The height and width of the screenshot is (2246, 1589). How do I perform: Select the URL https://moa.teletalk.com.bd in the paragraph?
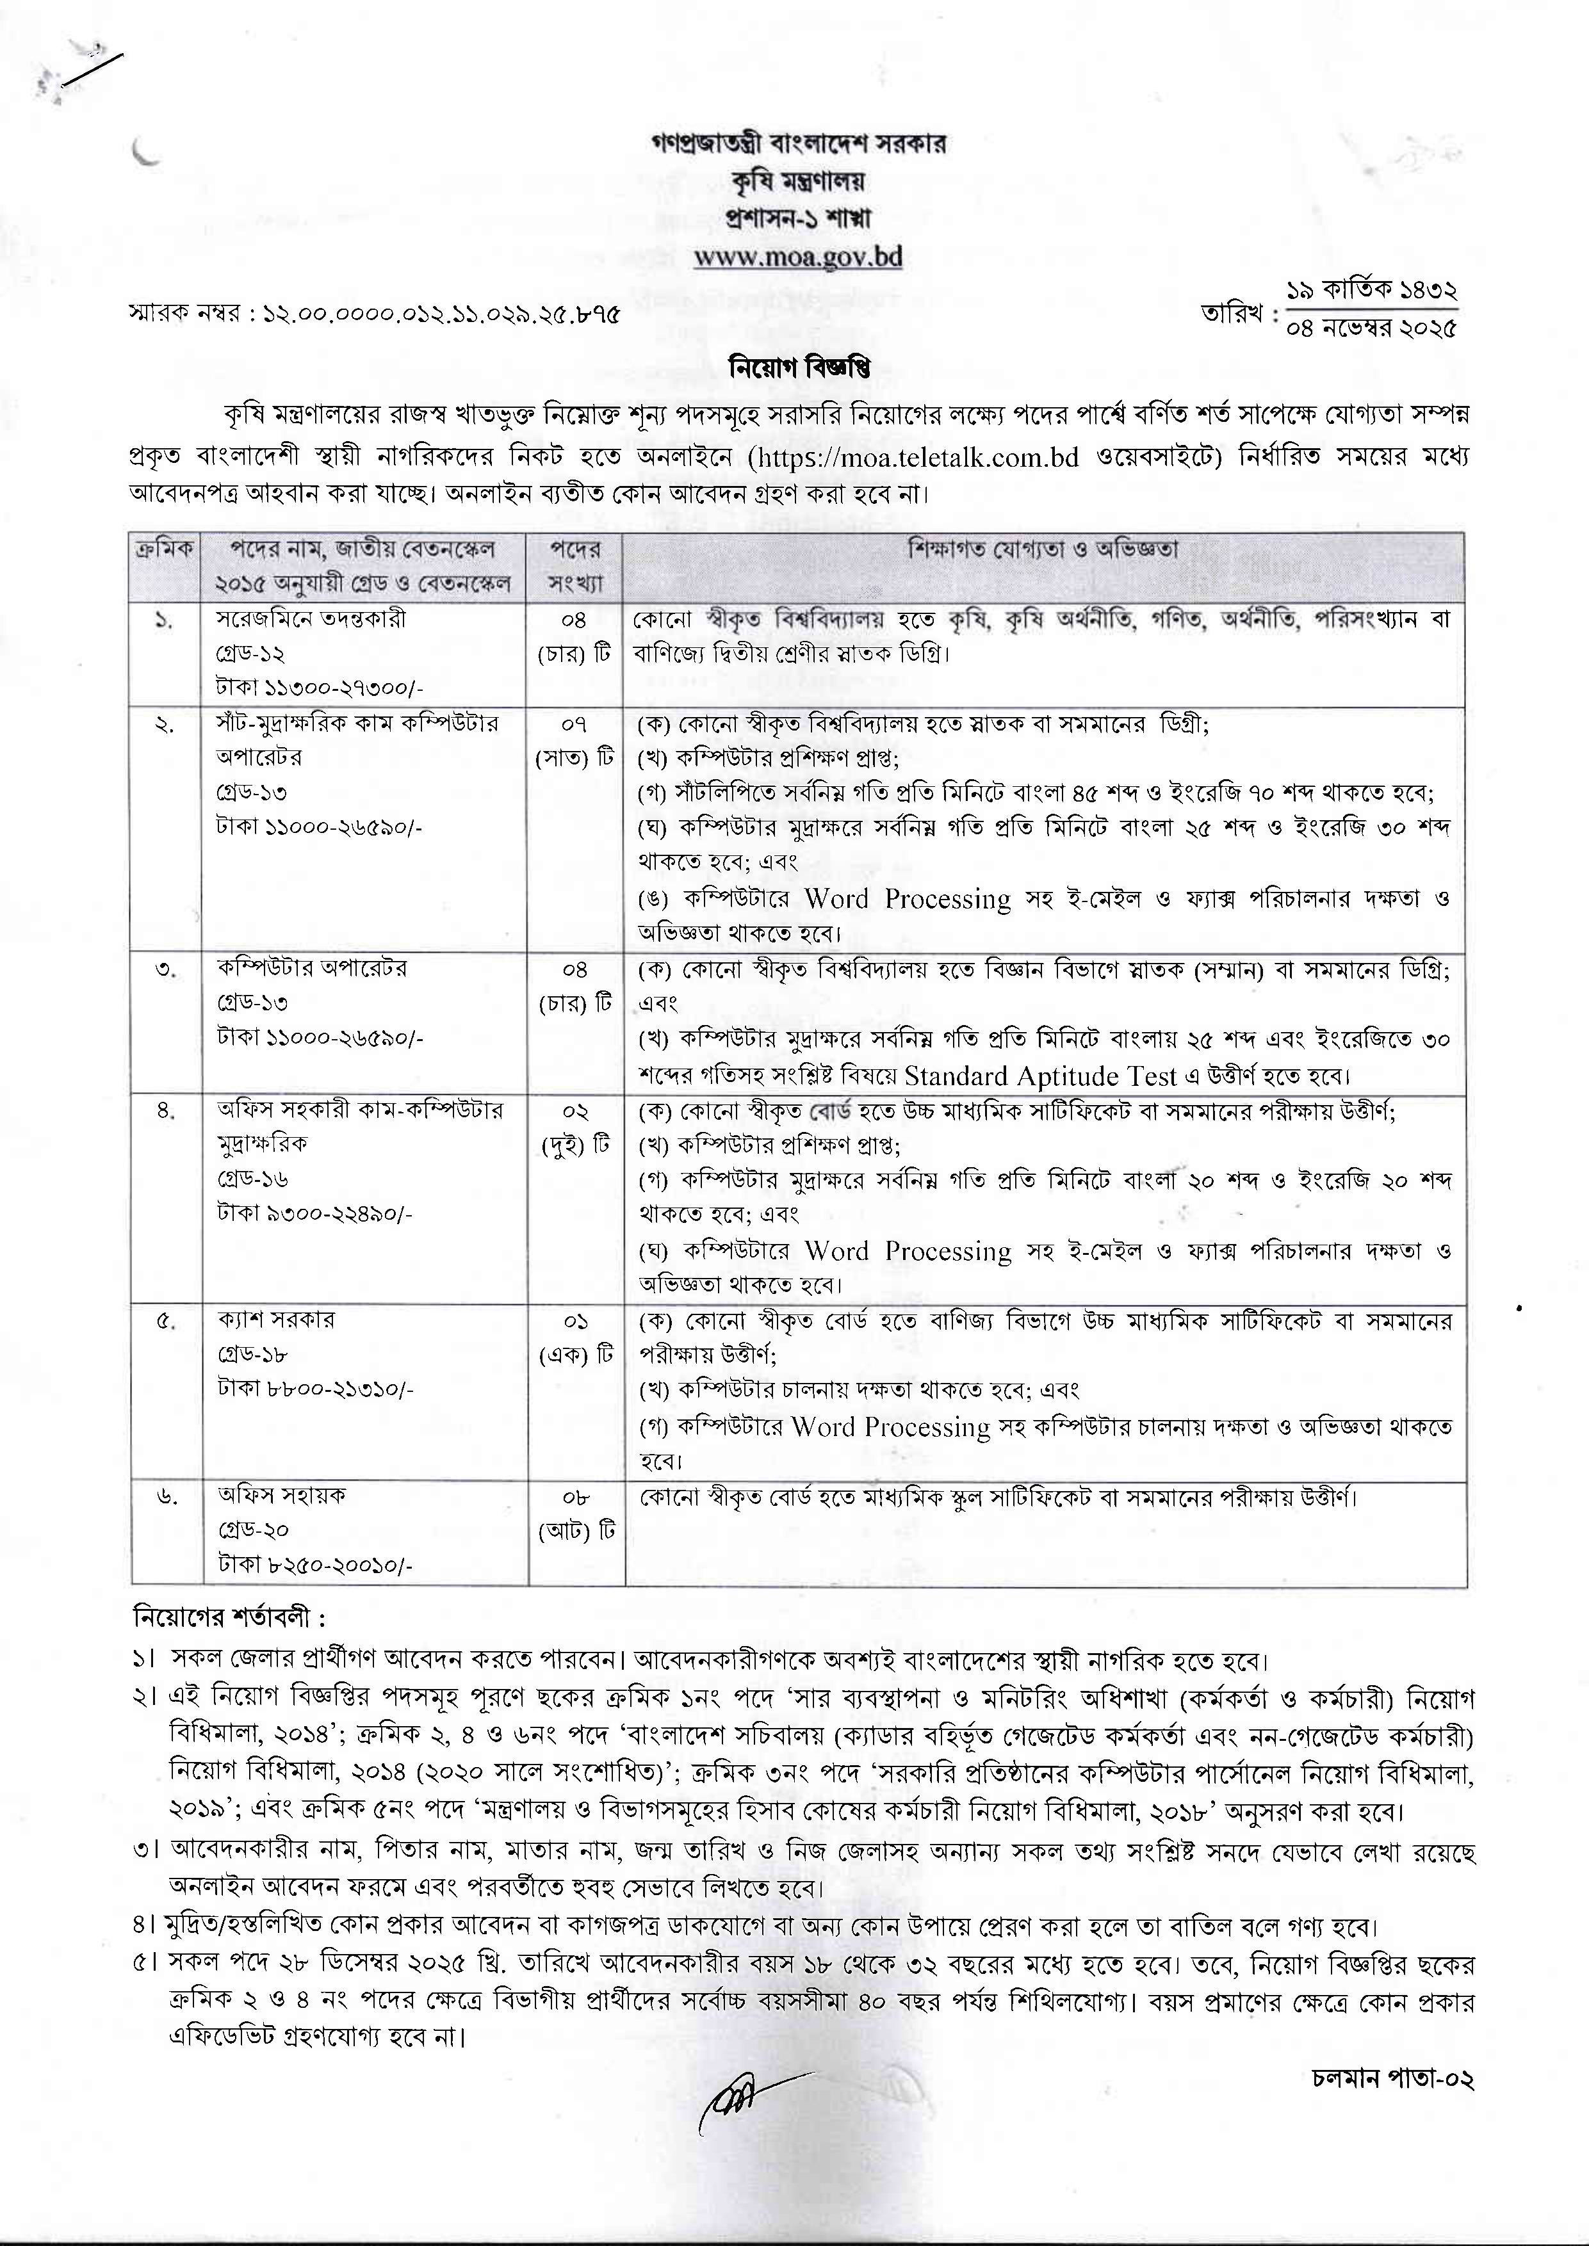point(914,457)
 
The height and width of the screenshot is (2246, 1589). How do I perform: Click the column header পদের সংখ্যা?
point(575,567)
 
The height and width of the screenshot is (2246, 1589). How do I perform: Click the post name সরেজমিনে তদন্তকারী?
point(311,618)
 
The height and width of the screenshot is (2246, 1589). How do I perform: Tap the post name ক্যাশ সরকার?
point(276,1319)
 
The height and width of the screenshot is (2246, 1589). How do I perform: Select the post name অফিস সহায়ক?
point(282,1495)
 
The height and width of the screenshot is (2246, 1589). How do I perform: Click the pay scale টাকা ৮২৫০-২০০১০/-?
point(315,1565)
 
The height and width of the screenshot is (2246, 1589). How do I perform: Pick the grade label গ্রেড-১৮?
point(252,1354)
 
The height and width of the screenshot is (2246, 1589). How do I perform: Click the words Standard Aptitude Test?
point(1040,1076)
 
